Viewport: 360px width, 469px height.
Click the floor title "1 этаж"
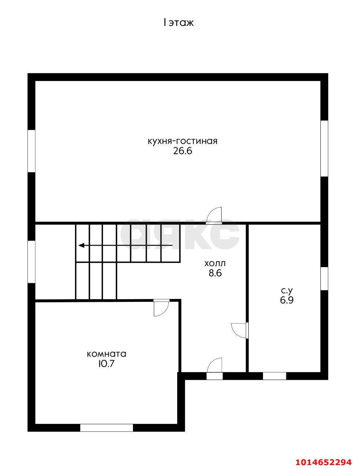coord(178,23)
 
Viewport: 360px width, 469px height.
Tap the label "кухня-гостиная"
coord(182,141)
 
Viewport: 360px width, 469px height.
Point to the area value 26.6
coord(182,151)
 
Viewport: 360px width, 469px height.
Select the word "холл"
coord(215,263)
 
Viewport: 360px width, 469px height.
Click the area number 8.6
coord(215,273)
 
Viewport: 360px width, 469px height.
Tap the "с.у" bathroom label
coord(287,291)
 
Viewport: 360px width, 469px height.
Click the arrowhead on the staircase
coord(81,245)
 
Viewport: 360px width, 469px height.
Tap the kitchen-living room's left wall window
coord(31,151)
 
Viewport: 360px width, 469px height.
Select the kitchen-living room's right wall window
coord(324,148)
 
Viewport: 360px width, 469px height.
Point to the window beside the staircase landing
coord(31,262)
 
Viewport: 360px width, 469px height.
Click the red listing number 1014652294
coord(323,460)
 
